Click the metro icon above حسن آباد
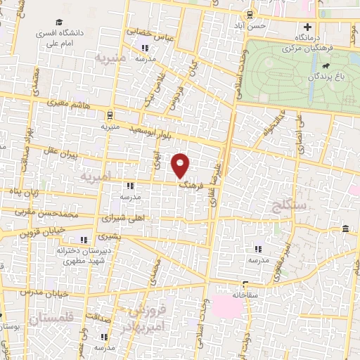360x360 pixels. point(250,13)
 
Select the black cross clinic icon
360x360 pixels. point(307,26)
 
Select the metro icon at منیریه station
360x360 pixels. point(110,115)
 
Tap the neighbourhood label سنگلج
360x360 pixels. point(287,206)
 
